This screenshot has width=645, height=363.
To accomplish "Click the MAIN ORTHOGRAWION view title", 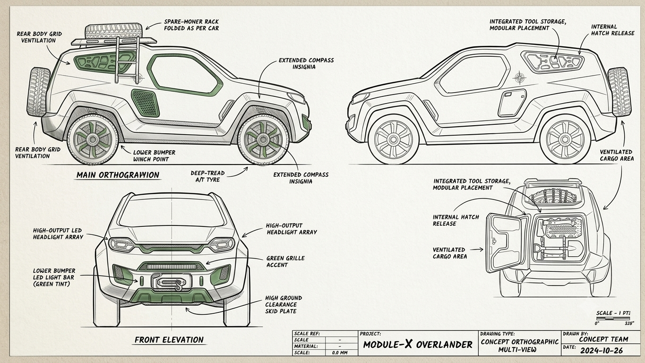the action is click(x=118, y=175).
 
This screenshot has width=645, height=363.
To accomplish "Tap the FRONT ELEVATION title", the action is click(x=169, y=340).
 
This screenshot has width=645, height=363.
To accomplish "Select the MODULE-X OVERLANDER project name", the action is click(x=418, y=345).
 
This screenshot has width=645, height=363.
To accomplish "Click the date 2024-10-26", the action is click(x=602, y=351).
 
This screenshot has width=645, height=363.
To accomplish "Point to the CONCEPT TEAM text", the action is click(x=603, y=339).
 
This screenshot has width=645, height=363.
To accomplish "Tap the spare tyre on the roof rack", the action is click(x=114, y=31).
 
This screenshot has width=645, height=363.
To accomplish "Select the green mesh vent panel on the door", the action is click(x=146, y=103).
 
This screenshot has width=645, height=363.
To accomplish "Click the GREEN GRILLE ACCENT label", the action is click(x=285, y=261).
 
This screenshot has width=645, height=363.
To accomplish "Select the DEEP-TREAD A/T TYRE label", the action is click(x=207, y=176).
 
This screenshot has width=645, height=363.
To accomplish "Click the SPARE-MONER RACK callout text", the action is click(x=191, y=25).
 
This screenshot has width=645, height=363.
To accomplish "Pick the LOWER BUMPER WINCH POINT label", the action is click(x=154, y=156).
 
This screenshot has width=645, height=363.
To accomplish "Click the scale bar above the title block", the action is click(x=613, y=319).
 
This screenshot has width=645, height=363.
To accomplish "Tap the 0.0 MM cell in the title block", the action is click(x=340, y=353).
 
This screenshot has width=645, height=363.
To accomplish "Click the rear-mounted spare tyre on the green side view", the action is click(x=38, y=92).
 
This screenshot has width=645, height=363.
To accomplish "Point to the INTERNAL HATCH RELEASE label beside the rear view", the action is click(x=456, y=220).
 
